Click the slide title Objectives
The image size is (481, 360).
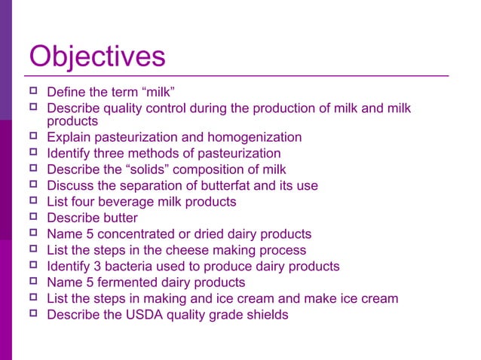click(x=97, y=57)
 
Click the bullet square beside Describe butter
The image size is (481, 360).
click(x=32, y=218)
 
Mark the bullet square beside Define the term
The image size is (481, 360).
click(x=32, y=93)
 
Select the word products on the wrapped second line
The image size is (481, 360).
click(x=72, y=121)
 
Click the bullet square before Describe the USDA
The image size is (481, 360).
click(x=32, y=314)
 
